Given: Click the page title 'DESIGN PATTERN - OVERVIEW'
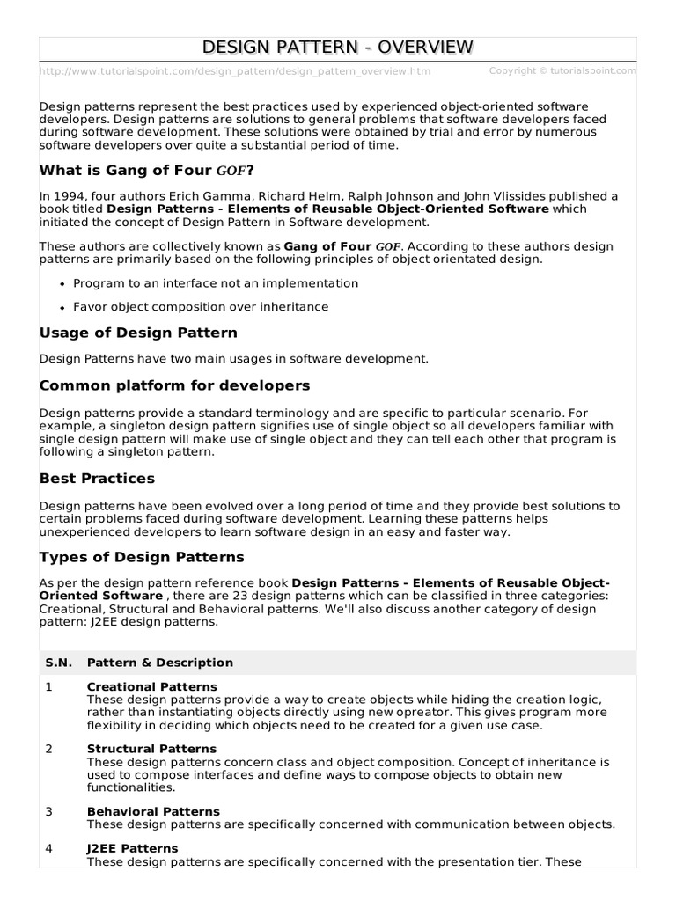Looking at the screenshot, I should (x=338, y=48).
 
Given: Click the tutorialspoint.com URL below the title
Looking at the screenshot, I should (x=235, y=71).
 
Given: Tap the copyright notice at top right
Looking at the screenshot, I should (x=562, y=70).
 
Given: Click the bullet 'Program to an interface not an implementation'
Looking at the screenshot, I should (x=216, y=283).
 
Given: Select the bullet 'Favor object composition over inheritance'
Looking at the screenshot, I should (x=201, y=306).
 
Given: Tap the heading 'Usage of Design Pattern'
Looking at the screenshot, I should (x=138, y=333).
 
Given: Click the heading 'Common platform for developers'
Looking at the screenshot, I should (x=174, y=385).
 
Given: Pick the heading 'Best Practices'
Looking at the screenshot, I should (x=97, y=479).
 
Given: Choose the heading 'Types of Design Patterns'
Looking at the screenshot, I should (x=142, y=558).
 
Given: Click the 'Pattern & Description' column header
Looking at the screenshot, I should (x=160, y=663).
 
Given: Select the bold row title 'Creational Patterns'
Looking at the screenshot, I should (x=151, y=686).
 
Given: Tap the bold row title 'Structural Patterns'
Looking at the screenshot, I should (x=151, y=749).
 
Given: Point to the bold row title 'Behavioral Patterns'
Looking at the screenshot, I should (x=153, y=811).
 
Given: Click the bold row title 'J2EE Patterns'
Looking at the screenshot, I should (x=132, y=848).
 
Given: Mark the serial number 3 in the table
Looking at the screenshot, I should (x=49, y=811).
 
